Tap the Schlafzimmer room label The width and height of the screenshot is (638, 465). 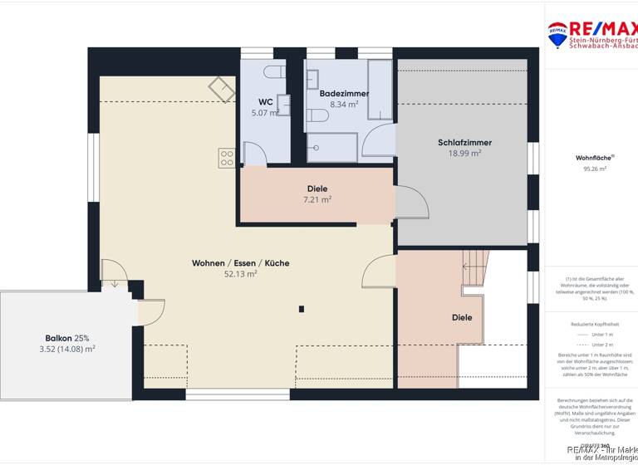(464, 142)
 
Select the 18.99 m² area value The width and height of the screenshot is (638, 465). (464, 154)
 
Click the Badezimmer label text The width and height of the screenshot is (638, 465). (344, 94)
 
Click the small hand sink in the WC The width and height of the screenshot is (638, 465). (283, 105)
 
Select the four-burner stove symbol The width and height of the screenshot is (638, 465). (227, 158)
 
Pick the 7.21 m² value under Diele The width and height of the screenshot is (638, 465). (317, 199)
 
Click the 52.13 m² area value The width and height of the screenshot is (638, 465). (240, 274)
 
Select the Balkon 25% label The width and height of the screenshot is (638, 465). (67, 338)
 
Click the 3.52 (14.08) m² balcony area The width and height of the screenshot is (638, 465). (67, 350)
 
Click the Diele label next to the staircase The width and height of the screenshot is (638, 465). (462, 317)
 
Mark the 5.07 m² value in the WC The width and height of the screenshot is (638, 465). (265, 113)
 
